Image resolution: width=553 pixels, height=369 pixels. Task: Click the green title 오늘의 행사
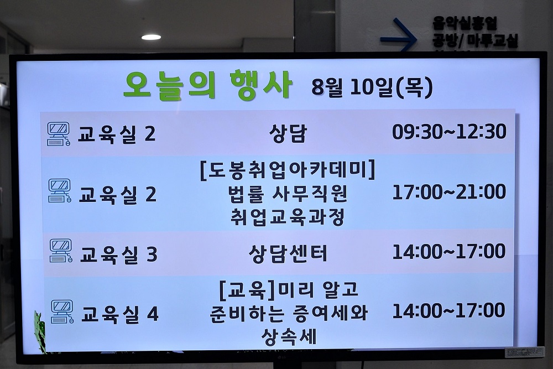pos(208,85)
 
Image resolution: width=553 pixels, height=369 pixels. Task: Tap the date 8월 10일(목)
pos(372,87)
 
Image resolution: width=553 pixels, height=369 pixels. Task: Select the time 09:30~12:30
pos(449,132)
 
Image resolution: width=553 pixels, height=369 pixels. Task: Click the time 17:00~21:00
pos(449,191)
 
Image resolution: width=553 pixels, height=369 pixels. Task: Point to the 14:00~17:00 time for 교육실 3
pos(449,251)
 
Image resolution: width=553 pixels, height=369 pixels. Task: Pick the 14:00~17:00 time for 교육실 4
pos(448,311)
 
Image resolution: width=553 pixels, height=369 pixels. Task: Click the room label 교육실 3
pos(119,254)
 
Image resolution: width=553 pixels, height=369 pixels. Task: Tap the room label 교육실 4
pos(120,314)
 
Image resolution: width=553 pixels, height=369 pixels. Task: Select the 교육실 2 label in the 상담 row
pos(117,134)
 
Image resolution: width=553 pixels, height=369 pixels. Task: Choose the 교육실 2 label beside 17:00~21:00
pos(117,194)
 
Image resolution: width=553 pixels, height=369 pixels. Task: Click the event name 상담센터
pos(288,253)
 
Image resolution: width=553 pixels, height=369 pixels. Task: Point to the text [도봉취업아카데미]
pos(288,170)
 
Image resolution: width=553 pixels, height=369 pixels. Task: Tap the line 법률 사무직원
pos(288,194)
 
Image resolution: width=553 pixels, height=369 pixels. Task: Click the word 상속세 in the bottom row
pos(289,336)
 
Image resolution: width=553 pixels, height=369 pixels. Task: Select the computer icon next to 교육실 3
pos(61,251)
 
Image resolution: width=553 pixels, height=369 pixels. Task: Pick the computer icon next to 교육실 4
pos(62,311)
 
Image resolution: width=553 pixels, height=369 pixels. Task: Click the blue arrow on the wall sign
pos(399,35)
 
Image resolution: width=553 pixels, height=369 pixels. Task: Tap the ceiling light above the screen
pos(152,37)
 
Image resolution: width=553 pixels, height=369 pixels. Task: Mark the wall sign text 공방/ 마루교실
pos(475,41)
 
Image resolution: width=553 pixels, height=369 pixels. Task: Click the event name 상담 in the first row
pos(288,133)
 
